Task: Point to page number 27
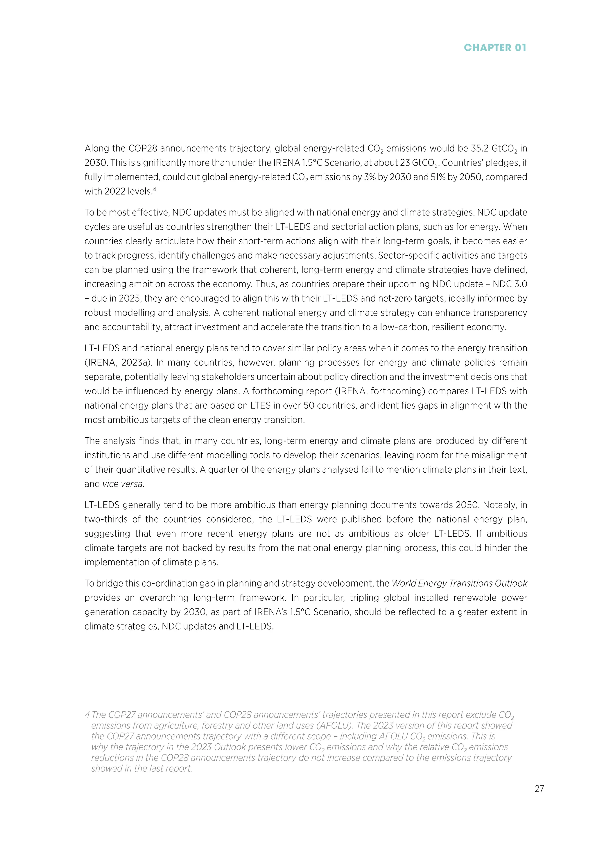pos(539,799)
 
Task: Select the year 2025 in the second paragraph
pos(130,298)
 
